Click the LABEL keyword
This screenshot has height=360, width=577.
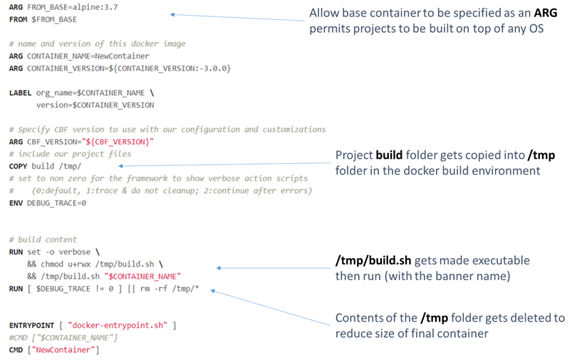click(x=21, y=93)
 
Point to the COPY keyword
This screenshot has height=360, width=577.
click(x=19, y=165)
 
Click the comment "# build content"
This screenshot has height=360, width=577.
click(x=43, y=239)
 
